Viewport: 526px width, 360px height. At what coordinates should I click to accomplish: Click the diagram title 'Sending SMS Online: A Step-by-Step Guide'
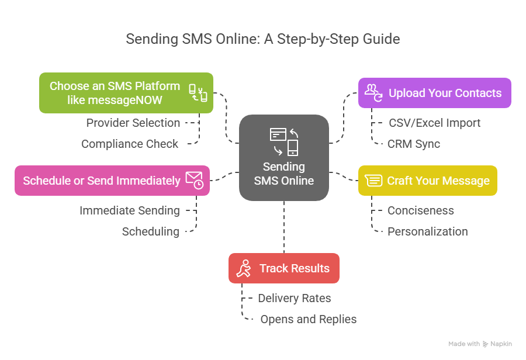click(x=263, y=39)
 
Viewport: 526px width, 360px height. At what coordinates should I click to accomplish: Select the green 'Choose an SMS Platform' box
click(x=126, y=93)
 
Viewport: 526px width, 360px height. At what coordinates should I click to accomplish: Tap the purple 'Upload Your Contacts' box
click(x=434, y=93)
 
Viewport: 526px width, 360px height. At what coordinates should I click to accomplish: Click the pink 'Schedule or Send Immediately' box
click(x=112, y=181)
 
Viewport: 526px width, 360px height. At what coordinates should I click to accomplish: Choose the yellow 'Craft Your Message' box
click(x=427, y=181)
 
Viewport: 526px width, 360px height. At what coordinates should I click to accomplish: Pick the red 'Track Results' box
click(x=283, y=268)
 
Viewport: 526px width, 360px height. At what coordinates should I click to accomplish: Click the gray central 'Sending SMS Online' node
click(x=284, y=158)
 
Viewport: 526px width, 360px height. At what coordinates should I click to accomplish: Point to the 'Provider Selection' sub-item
click(x=133, y=123)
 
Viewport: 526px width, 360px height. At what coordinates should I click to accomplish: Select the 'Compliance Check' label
click(x=130, y=144)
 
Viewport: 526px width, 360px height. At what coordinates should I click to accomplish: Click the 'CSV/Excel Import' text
click(x=434, y=123)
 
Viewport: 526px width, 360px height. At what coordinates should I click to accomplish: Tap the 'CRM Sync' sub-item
click(x=413, y=144)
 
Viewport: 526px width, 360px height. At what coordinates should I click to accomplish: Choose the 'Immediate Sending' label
click(x=129, y=210)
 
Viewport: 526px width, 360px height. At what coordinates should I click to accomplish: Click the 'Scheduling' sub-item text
click(x=150, y=231)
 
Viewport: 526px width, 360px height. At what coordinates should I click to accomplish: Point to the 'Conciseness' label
click(x=420, y=210)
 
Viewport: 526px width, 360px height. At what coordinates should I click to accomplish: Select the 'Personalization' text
click(x=427, y=231)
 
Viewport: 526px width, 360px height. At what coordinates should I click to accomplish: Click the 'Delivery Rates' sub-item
click(x=294, y=298)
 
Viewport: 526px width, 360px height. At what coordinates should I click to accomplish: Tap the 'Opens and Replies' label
click(x=308, y=319)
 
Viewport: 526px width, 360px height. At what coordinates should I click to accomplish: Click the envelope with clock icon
click(x=195, y=180)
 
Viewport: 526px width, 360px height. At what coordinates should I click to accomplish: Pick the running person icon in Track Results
click(x=244, y=268)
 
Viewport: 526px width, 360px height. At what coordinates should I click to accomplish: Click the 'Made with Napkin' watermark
click(x=480, y=344)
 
